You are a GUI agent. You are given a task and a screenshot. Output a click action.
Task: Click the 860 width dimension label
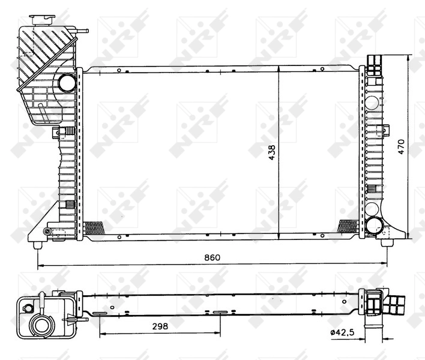212,257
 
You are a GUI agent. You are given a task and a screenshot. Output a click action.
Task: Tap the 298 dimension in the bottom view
159,326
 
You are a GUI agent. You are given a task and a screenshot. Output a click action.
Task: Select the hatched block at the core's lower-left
94,228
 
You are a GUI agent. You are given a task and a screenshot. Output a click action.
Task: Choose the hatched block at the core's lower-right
349,226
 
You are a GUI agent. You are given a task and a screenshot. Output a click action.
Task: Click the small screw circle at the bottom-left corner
47,232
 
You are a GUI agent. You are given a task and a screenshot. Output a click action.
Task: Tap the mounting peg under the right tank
385,242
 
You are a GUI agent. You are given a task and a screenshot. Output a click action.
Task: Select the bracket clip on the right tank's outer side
385,130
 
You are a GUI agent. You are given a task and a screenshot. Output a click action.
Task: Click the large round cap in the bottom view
42,327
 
